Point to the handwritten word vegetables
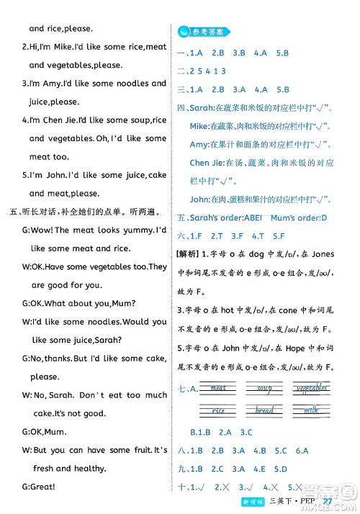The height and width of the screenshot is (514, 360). (308, 389)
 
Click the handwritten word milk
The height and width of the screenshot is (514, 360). (310, 410)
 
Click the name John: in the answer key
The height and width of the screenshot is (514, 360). (203, 199)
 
